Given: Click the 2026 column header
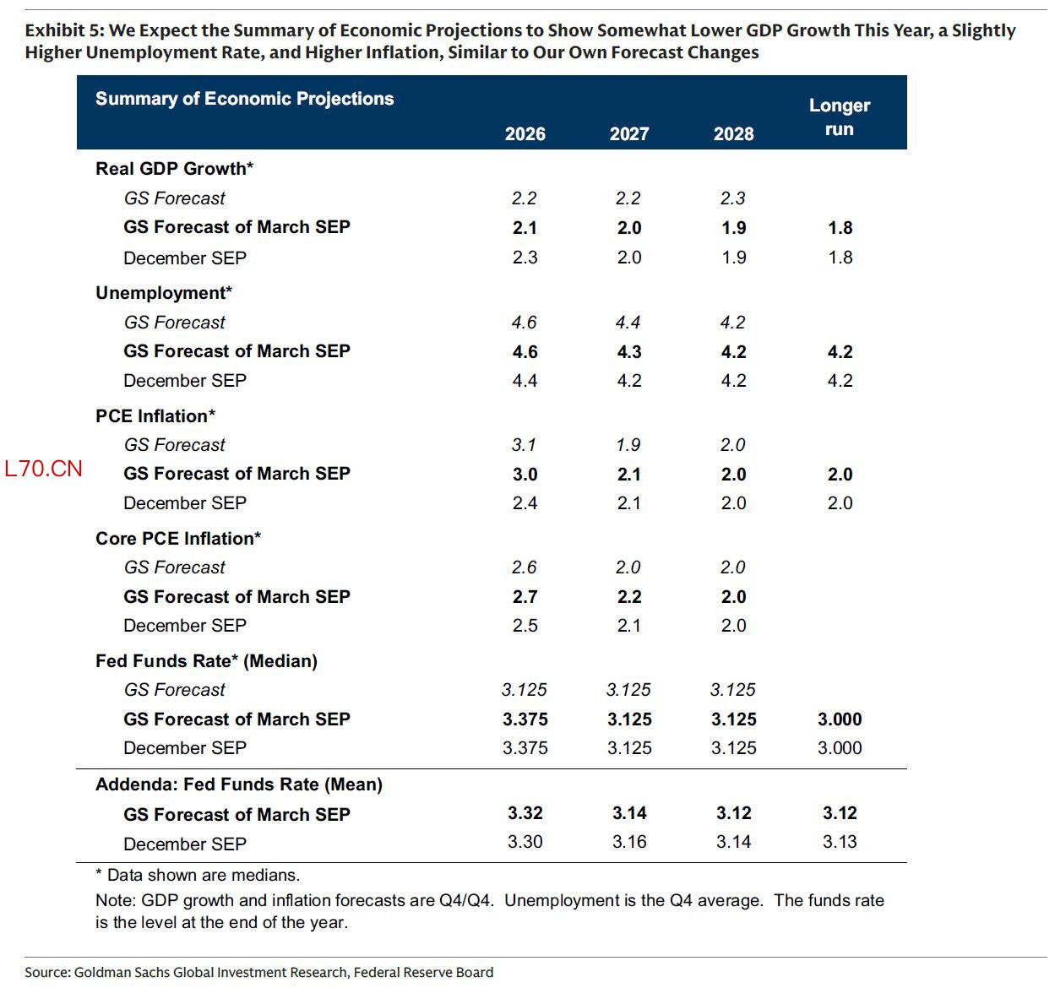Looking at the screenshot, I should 525,133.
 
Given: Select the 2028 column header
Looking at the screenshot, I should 733,133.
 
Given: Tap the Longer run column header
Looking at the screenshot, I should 839,117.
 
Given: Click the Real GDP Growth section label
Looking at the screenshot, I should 174,168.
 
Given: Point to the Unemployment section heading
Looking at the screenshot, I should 163,292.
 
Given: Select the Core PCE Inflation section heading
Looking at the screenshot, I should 177,538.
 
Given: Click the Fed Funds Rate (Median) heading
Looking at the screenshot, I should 206,660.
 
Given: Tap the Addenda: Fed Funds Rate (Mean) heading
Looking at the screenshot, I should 238,784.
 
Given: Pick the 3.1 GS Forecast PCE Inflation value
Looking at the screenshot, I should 524,444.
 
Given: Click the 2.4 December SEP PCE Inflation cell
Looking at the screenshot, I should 525,502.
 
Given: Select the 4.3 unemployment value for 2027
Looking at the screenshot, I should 628,351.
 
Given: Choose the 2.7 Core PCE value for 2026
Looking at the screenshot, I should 525,596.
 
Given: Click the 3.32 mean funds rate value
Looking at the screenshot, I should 525,812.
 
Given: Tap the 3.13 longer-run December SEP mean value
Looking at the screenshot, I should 839,841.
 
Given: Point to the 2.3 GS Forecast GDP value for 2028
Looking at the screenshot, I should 732,198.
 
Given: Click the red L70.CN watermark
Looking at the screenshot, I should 43,469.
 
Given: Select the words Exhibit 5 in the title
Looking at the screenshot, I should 64,30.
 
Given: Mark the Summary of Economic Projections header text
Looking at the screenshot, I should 244,98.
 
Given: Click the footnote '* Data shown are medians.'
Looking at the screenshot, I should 198,875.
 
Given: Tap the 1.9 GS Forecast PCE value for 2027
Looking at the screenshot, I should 628,444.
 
